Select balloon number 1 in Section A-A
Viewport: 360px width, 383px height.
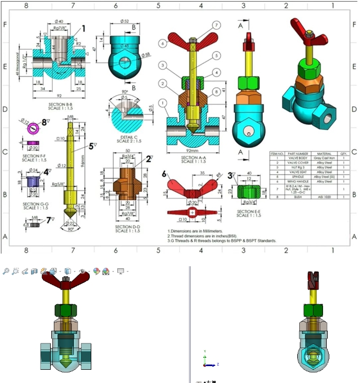pos(165,102)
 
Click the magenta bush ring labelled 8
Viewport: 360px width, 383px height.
pos(33,127)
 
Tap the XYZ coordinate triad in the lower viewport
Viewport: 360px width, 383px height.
pos(207,360)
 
